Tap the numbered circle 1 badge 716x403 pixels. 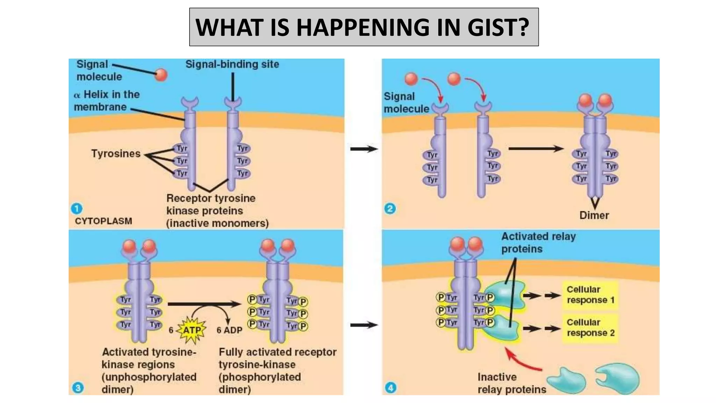click(77, 208)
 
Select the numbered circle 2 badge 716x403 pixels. click(390, 208)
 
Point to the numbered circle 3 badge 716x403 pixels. click(78, 387)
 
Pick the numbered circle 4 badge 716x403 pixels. click(391, 387)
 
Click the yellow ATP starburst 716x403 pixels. click(192, 330)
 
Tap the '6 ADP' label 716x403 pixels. click(229, 330)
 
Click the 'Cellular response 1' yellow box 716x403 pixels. click(590, 295)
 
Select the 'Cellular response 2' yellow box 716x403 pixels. click(590, 327)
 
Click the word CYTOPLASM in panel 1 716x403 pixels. click(103, 221)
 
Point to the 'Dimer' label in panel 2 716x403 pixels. click(594, 215)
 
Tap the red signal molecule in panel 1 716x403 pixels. click(161, 75)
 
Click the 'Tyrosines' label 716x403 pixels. click(116, 154)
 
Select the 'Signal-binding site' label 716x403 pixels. click(232, 64)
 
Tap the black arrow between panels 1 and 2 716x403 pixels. click(364, 149)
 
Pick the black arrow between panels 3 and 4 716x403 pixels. click(364, 325)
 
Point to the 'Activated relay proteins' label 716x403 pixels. click(538, 242)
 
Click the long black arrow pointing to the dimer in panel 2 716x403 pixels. click(536, 149)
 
